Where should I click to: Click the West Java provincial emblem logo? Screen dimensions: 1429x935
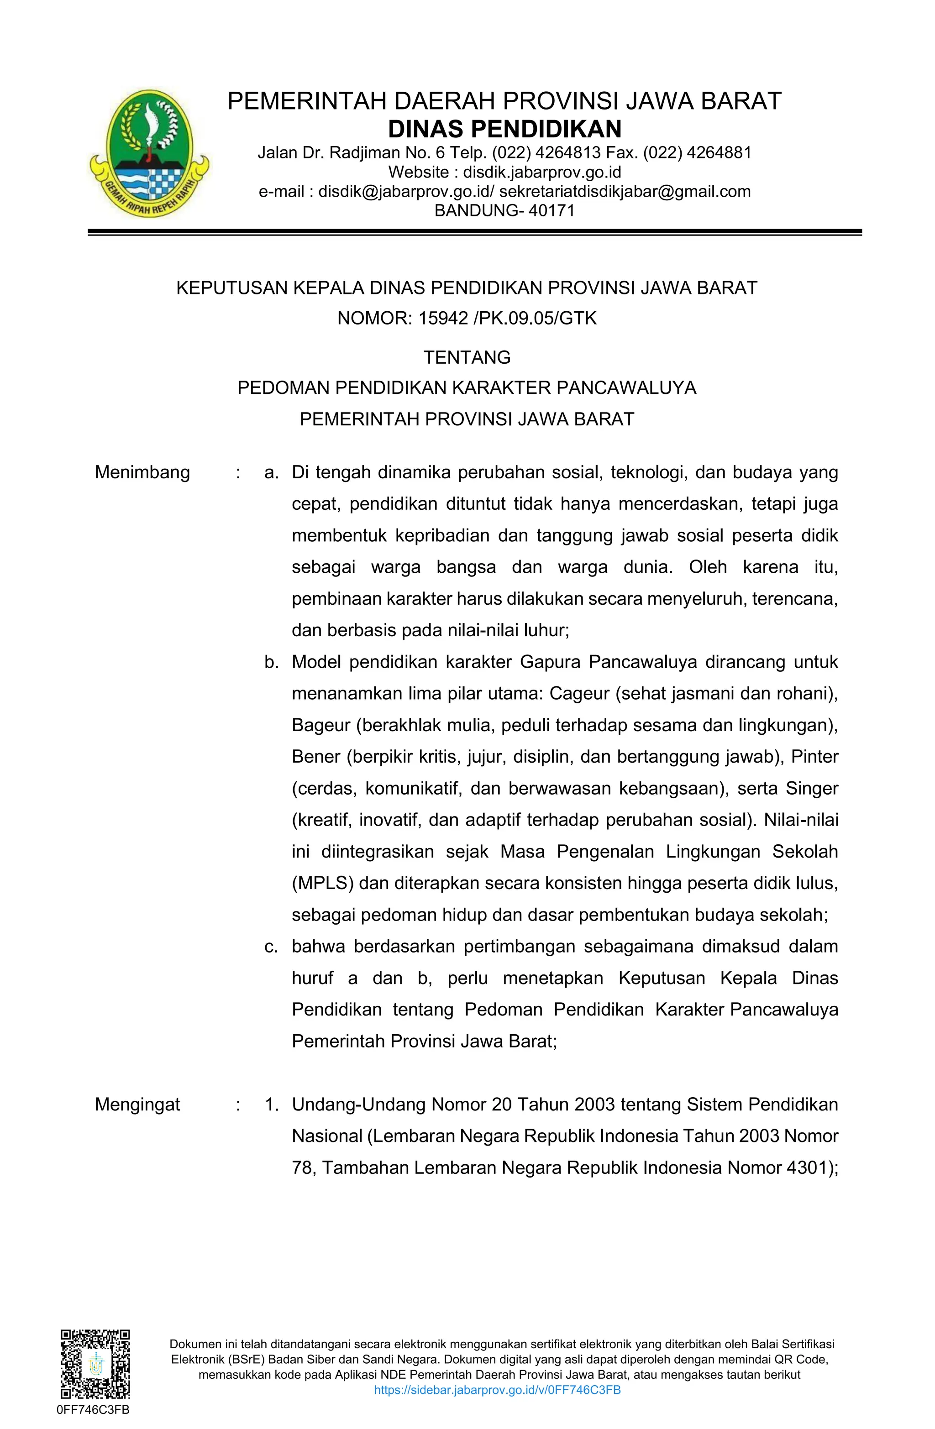149,154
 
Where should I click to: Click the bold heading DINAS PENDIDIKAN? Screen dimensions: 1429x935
504,129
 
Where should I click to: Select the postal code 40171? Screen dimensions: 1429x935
552,211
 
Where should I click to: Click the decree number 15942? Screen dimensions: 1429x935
442,318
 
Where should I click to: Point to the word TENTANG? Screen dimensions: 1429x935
467,357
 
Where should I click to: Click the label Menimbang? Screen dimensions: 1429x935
142,472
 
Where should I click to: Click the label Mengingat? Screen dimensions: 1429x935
137,1104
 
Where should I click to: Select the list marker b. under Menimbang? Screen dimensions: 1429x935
272,662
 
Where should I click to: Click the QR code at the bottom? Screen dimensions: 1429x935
95,1364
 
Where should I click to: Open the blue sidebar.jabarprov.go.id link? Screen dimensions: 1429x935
497,1390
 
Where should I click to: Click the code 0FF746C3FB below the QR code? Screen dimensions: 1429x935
93,1410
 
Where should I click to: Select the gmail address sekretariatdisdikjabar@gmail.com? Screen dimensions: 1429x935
625,192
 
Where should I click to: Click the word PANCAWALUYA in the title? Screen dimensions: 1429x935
626,388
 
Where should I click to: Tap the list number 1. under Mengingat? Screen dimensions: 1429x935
272,1104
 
